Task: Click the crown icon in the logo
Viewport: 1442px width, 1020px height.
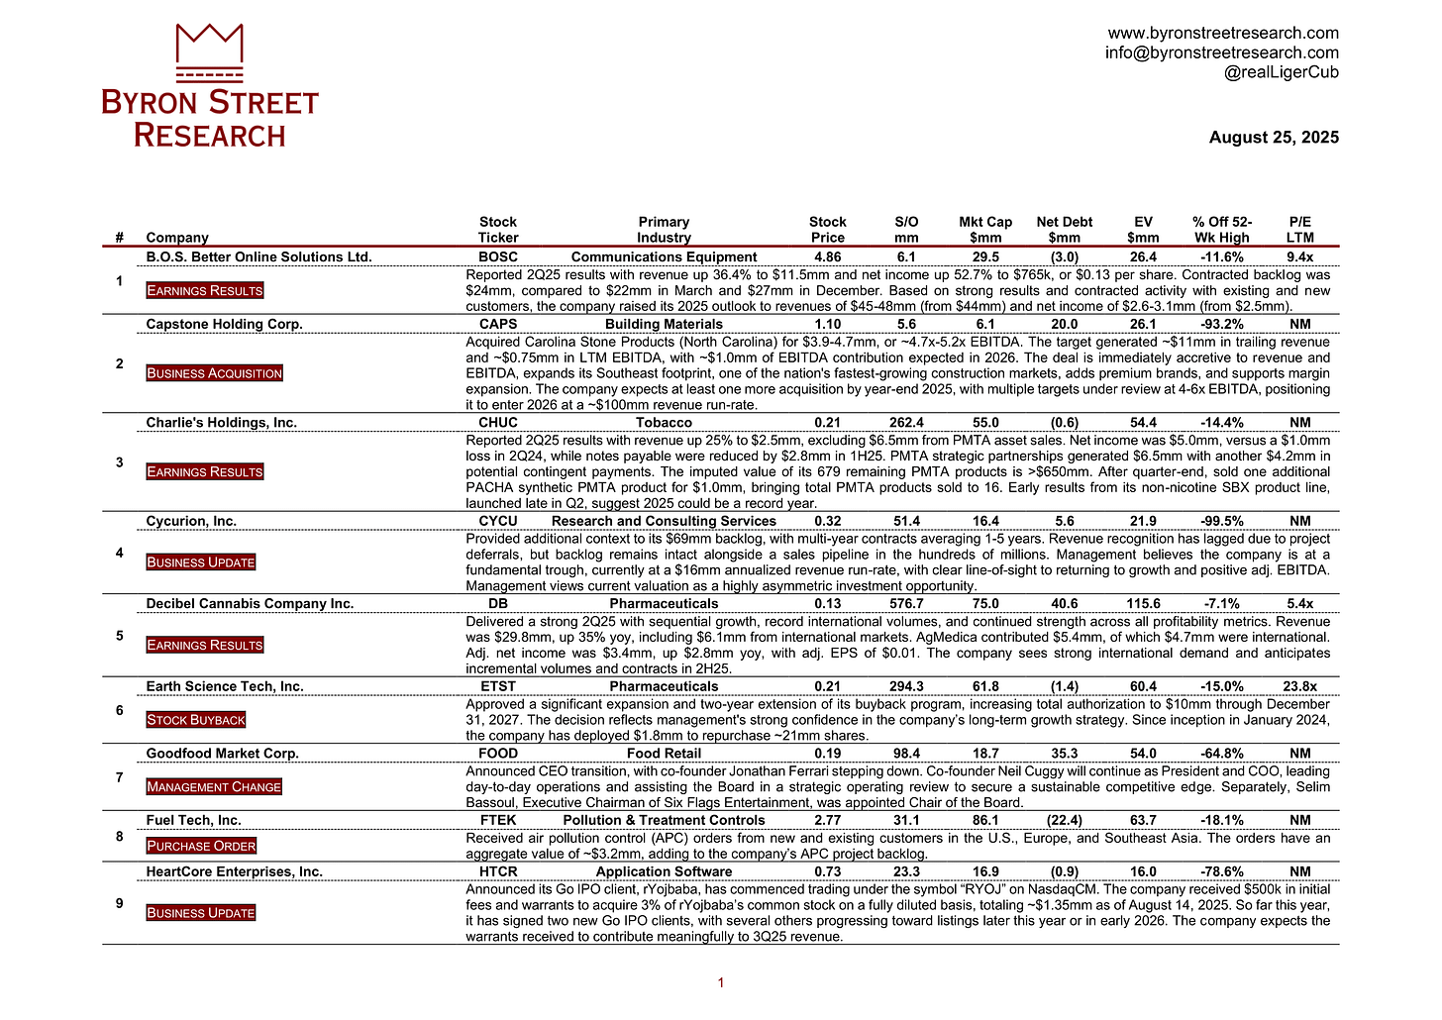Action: (209, 51)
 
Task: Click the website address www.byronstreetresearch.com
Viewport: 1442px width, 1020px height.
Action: (1222, 33)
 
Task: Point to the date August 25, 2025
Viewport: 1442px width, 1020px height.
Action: (1274, 138)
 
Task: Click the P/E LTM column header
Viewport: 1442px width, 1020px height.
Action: (1299, 230)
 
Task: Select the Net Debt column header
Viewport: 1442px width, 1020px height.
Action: (1064, 230)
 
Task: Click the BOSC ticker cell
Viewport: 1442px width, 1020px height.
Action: (497, 257)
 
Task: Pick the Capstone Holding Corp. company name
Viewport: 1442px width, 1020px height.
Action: (224, 324)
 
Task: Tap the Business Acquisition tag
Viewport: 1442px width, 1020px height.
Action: (215, 373)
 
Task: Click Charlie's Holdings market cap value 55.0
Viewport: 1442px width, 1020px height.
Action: (985, 423)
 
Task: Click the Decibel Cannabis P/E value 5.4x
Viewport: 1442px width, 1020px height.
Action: (1299, 604)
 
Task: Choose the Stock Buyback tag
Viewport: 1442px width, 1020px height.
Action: (196, 720)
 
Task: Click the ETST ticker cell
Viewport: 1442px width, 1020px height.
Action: (497, 686)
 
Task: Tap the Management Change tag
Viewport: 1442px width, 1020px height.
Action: (214, 787)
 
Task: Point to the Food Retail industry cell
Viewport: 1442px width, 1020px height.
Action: (664, 754)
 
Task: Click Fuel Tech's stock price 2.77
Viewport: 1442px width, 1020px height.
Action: (827, 821)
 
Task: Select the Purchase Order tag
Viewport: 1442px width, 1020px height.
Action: (201, 846)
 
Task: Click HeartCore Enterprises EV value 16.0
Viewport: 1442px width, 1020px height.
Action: (1143, 872)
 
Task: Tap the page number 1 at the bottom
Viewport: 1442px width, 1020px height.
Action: (721, 983)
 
